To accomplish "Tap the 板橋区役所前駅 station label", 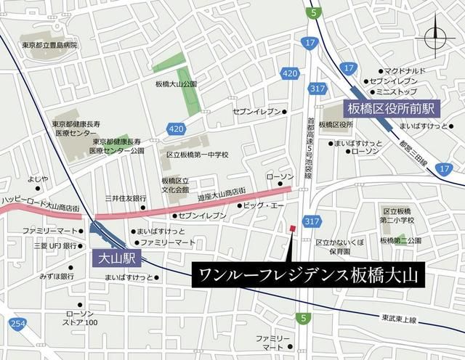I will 391,108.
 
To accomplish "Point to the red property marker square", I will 292,229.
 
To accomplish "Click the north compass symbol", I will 437,36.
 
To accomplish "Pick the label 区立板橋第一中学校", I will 198,155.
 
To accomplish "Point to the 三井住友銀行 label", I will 126,198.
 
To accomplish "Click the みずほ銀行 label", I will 57,277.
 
